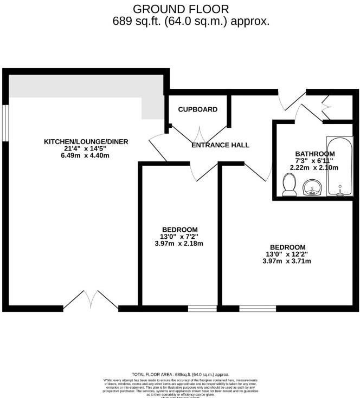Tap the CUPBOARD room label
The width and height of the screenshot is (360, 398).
tap(198, 109)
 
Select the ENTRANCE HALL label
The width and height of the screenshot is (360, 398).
tap(221, 145)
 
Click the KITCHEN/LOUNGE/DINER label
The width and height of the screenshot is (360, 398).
tap(86, 142)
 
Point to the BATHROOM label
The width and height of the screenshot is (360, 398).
tap(315, 154)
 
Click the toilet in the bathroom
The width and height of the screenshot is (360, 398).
tap(289, 186)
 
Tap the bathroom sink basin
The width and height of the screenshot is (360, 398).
tap(311, 188)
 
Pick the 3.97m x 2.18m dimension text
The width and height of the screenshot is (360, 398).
tap(179, 244)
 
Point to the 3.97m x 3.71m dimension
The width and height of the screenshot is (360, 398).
tap(287, 261)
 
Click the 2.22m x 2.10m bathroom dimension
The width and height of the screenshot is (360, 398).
tap(315, 168)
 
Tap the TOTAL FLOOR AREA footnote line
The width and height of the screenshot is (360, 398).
tap(180, 374)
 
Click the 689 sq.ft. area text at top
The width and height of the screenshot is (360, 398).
tap(191, 22)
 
